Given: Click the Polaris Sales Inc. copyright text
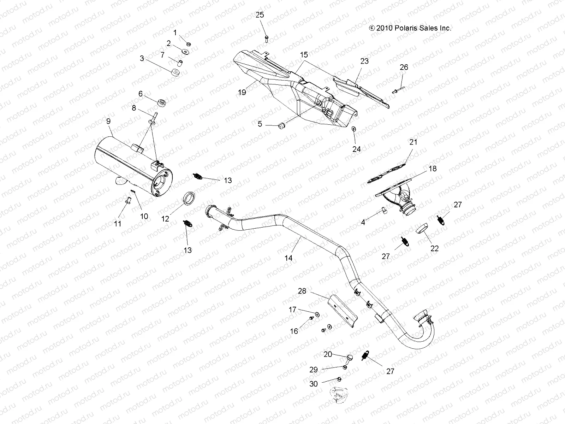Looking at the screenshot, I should tap(410, 28).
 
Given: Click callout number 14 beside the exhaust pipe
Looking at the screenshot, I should tap(289, 258).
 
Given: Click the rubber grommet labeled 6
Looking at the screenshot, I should tap(162, 103).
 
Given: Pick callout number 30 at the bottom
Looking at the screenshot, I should tap(313, 384).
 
